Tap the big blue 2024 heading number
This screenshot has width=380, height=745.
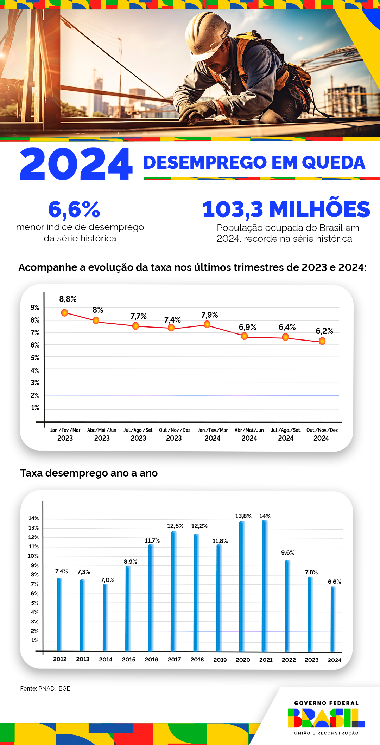tap(76, 164)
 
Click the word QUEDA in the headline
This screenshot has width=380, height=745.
tap(333, 162)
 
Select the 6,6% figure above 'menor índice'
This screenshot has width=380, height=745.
tap(74, 209)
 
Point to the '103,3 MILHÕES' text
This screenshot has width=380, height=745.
tap(286, 209)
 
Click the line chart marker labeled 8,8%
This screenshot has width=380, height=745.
tap(65, 312)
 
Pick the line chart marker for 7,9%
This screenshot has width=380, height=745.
tap(207, 324)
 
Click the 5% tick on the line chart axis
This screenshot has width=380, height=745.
tap(35, 358)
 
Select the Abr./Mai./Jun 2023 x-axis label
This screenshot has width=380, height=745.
tap(102, 434)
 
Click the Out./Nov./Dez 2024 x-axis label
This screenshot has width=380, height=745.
tap(322, 434)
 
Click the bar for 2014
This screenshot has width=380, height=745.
tap(105, 617)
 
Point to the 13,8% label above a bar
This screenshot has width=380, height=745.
tap(243, 516)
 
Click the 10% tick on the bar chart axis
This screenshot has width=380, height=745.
tap(33, 556)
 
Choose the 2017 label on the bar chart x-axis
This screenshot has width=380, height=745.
tap(174, 660)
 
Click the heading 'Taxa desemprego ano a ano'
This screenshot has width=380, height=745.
tap(89, 473)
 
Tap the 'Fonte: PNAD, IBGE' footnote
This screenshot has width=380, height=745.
tap(45, 688)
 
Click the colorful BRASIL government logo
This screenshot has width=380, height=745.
tap(326, 718)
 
